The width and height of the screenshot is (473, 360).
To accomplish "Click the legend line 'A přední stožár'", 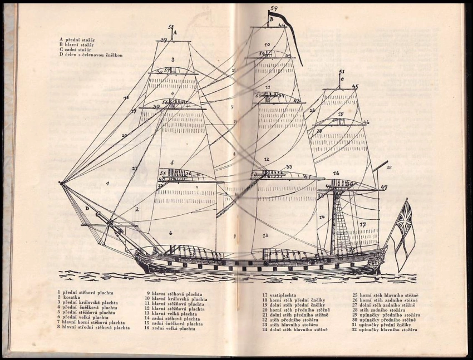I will tap(80, 40).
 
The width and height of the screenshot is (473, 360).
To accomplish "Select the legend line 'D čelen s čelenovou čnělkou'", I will tap(90, 56).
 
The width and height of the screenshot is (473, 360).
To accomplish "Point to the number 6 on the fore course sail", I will tap(170, 233).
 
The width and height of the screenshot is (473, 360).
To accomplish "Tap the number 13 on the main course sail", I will tap(265, 235).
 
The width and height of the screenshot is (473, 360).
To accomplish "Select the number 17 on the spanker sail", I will tap(362, 224).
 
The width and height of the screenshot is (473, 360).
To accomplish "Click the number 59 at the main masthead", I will tap(273, 8).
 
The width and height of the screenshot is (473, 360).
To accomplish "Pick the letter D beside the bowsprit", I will tap(87, 208).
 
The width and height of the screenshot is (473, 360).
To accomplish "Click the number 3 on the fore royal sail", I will tap(173, 59).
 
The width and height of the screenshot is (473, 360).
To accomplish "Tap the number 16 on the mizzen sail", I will tap(336, 173).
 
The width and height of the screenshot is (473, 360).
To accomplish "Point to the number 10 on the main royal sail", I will tap(267, 44).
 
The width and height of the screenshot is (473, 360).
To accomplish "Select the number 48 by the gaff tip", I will tap(388, 167).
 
